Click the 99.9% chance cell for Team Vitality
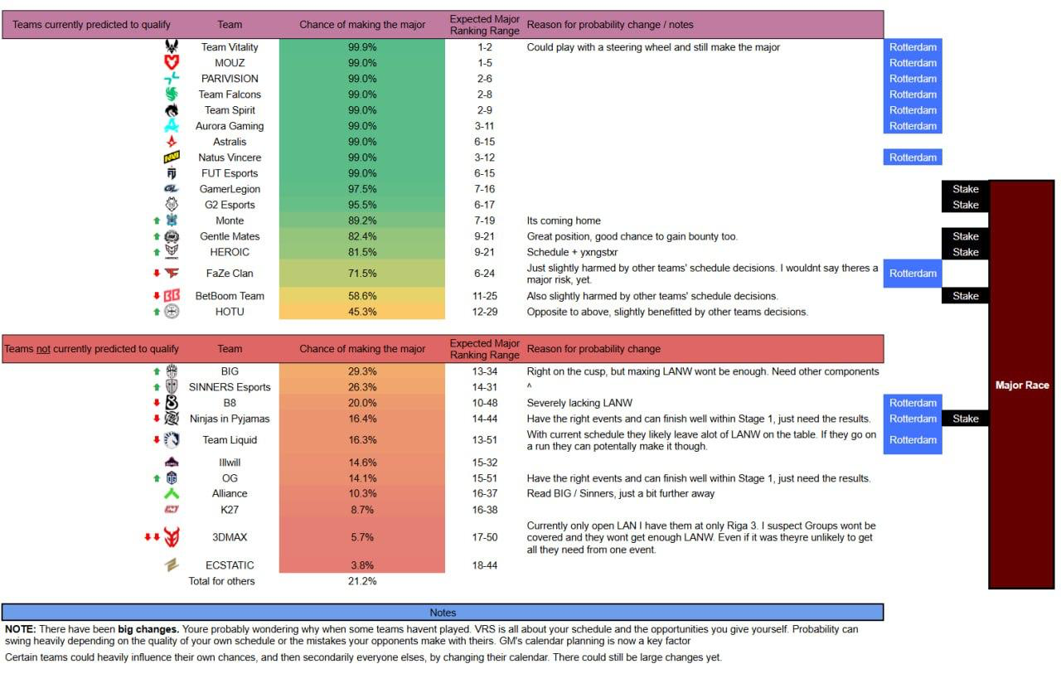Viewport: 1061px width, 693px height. tap(362, 47)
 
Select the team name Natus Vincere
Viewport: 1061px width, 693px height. tap(230, 157)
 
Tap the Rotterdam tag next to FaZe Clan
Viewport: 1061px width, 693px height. tap(913, 274)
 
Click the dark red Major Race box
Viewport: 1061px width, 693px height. tap(1021, 385)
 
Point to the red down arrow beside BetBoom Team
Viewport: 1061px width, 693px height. tap(155, 296)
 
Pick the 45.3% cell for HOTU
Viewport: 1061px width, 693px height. tap(362, 312)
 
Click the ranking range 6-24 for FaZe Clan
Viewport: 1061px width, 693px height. tap(485, 274)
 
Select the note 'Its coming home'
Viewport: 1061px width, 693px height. tap(564, 220)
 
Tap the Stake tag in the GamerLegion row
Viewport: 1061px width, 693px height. tap(965, 189)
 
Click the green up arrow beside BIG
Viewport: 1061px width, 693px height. tap(156, 371)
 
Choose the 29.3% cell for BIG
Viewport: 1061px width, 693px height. tap(362, 371)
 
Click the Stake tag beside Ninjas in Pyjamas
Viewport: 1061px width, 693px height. tap(965, 419)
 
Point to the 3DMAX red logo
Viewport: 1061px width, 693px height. tap(172, 537)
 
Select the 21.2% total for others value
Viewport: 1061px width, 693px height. tap(362, 581)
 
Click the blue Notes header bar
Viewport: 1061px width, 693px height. tap(443, 613)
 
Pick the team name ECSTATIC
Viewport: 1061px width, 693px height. tap(230, 565)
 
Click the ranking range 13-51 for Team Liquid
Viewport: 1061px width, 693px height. tap(485, 440)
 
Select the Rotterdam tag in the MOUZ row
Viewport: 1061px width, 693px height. tap(913, 63)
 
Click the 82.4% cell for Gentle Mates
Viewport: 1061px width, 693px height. tap(362, 236)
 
